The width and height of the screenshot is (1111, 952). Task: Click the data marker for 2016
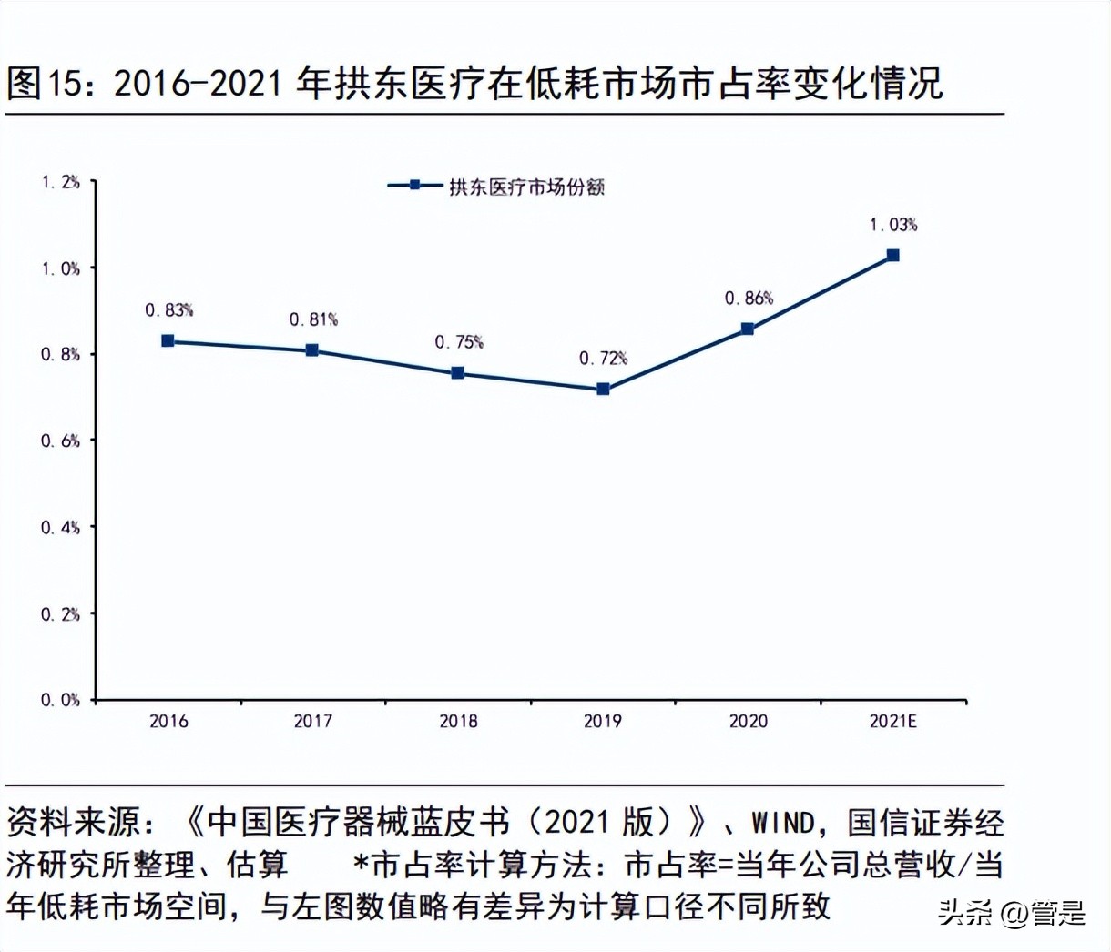point(168,341)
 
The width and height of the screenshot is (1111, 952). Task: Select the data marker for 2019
point(603,389)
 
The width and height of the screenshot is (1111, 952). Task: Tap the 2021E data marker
point(893,256)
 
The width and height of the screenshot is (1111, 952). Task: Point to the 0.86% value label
point(749,298)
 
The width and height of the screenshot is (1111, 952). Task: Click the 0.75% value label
point(458,342)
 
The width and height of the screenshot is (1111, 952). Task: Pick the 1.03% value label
point(893,225)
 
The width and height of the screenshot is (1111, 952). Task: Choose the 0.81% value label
point(313,319)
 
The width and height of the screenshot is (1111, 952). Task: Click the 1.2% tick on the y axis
point(60,182)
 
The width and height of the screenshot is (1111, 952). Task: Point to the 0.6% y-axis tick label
point(60,441)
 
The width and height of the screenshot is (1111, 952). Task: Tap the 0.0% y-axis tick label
point(60,700)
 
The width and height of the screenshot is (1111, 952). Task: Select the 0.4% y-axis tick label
point(60,527)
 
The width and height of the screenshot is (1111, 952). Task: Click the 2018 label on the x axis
point(458,721)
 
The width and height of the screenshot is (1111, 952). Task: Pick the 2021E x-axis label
point(893,721)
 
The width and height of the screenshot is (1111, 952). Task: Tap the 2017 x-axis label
point(313,721)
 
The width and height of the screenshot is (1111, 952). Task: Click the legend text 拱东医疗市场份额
point(526,187)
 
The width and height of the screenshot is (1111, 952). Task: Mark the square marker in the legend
point(414,185)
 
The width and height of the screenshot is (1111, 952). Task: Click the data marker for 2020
point(748,329)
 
